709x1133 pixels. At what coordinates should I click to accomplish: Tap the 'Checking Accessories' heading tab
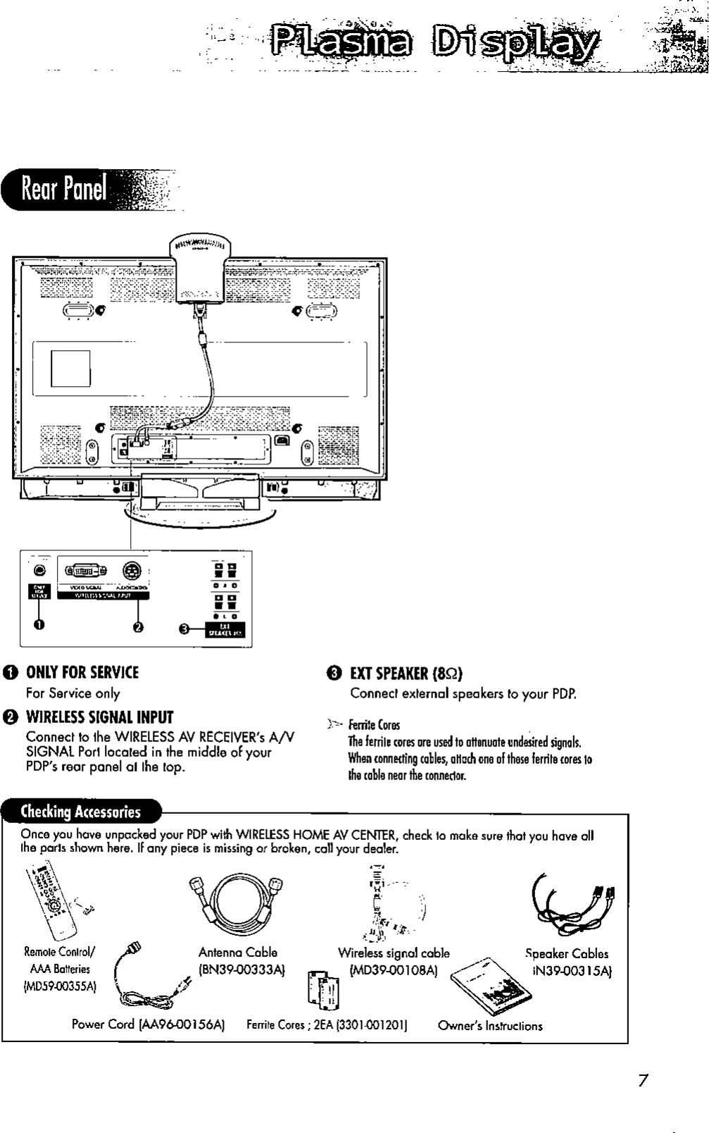(81, 811)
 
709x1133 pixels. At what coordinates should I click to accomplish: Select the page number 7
(642, 1080)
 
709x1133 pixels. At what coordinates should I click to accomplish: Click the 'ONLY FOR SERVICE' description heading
(82, 671)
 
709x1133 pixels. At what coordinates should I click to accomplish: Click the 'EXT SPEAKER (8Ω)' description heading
(406, 673)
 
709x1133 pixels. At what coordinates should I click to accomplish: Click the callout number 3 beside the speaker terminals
(184, 629)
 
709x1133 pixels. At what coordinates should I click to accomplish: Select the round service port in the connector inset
(39, 570)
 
